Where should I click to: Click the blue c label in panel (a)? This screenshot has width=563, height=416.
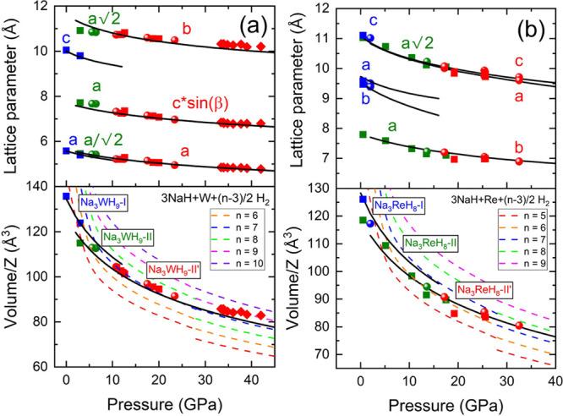tap(66, 38)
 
